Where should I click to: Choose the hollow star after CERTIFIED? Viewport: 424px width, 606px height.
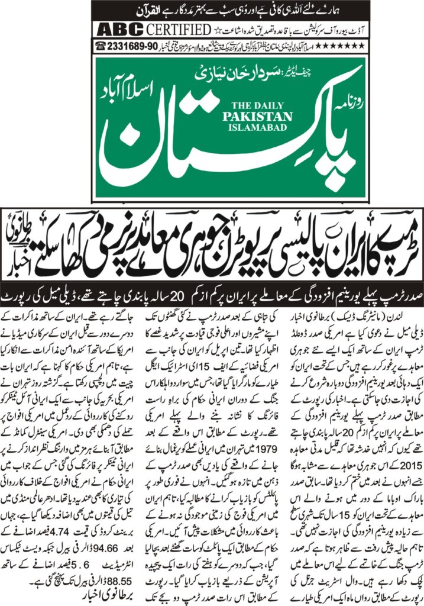(x=215, y=30)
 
